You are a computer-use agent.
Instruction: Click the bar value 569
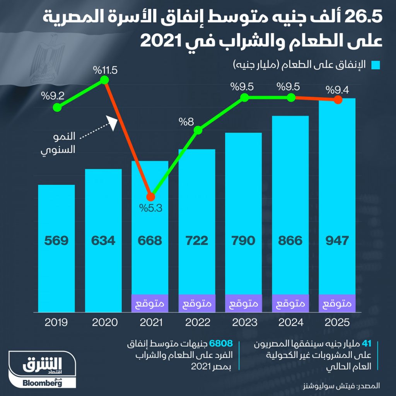coord(56,241)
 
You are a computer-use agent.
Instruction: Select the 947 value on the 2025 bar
coord(338,241)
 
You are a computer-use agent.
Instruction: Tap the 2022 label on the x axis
coord(197,322)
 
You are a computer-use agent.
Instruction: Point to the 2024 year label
coord(290,322)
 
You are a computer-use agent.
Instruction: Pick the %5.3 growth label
coord(151,208)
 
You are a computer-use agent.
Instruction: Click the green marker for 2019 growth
coord(57,108)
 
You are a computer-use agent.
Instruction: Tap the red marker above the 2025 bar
coord(338,100)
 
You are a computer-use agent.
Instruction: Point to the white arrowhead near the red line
coord(113,123)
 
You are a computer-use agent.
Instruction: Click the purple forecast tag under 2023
coord(244,304)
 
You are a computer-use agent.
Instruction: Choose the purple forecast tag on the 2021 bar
coord(150,304)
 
